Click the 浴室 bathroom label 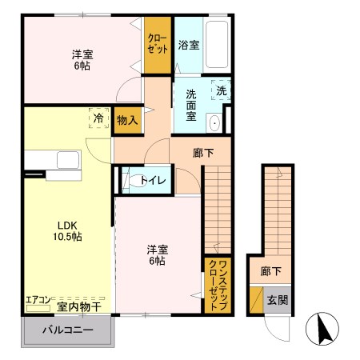(x=189, y=45)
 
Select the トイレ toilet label (x=153, y=180)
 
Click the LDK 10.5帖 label (x=66, y=230)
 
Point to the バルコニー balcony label (x=67, y=330)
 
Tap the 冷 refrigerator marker (x=98, y=117)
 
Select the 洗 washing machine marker (x=222, y=90)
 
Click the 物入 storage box (x=126, y=120)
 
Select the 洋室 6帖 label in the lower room (x=155, y=254)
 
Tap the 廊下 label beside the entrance (x=270, y=271)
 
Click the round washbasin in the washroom (x=214, y=123)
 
